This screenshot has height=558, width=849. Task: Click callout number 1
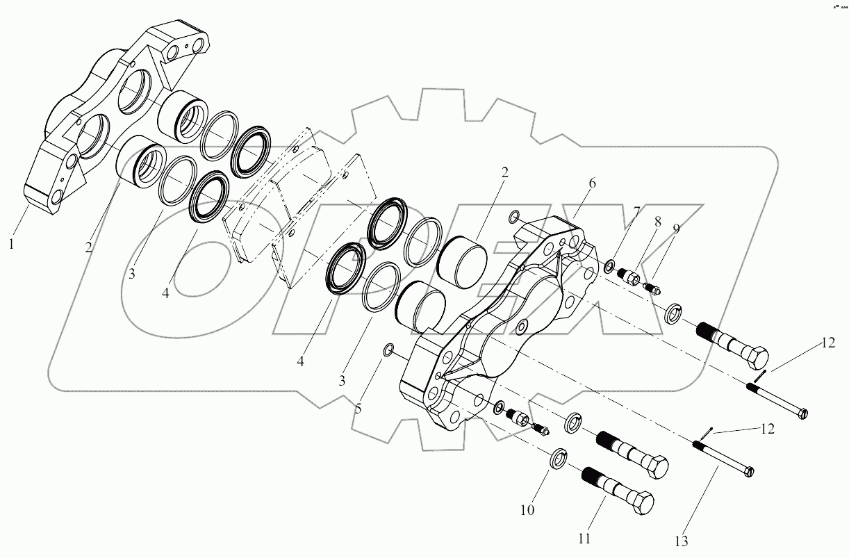pyautogui.click(x=10, y=243)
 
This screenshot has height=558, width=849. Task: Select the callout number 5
pyautogui.click(x=358, y=409)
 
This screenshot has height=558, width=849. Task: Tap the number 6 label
pyautogui.click(x=592, y=183)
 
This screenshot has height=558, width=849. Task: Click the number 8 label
pyautogui.click(x=658, y=222)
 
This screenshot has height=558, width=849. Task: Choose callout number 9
pyautogui.click(x=676, y=229)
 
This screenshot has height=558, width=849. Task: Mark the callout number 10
pyautogui.click(x=528, y=510)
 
